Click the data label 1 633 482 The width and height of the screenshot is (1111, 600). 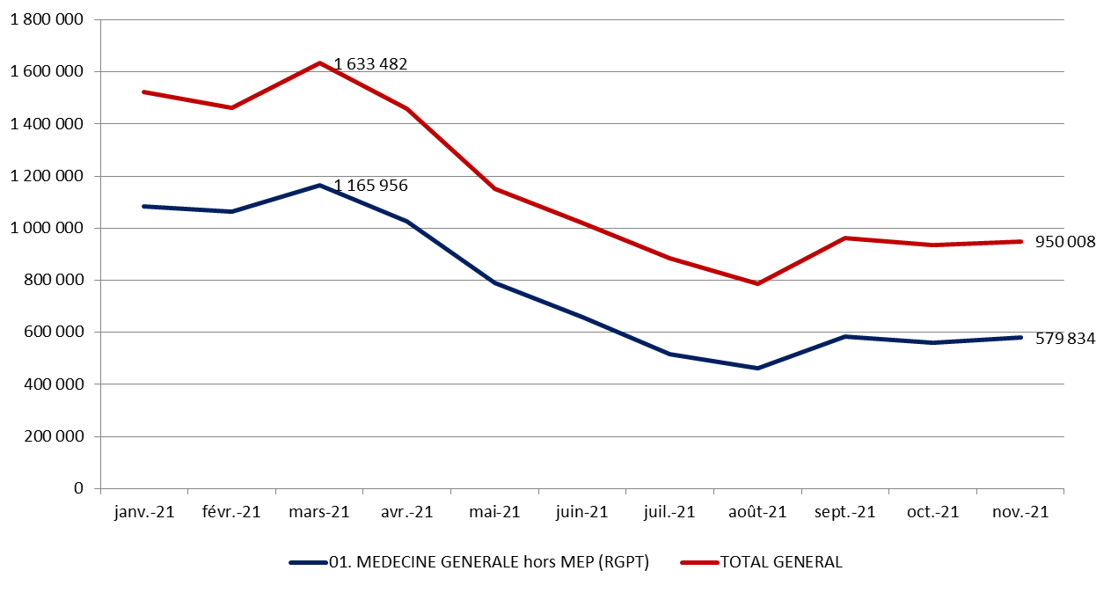[370, 64]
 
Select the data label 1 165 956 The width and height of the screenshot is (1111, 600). [370, 187]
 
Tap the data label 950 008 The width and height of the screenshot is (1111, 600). [1063, 242]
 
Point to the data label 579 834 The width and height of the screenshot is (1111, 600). [1063, 339]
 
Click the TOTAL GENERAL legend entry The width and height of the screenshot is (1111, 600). [781, 563]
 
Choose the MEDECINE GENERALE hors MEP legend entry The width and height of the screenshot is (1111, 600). [488, 563]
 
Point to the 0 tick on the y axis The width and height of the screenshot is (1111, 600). [79, 488]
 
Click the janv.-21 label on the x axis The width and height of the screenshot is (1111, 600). [144, 512]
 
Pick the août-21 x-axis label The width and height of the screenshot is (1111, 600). [757, 512]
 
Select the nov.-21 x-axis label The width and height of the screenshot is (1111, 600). [1020, 512]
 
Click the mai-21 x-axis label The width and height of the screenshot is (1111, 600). [494, 512]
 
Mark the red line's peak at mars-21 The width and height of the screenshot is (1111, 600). [319, 63]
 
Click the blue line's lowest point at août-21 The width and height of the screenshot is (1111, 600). [757, 368]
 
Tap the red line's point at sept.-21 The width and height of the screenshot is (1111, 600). [845, 238]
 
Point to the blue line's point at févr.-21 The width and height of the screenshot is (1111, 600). [231, 211]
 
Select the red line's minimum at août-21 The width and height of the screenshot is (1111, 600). [757, 283]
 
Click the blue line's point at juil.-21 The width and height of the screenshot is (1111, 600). [669, 354]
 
